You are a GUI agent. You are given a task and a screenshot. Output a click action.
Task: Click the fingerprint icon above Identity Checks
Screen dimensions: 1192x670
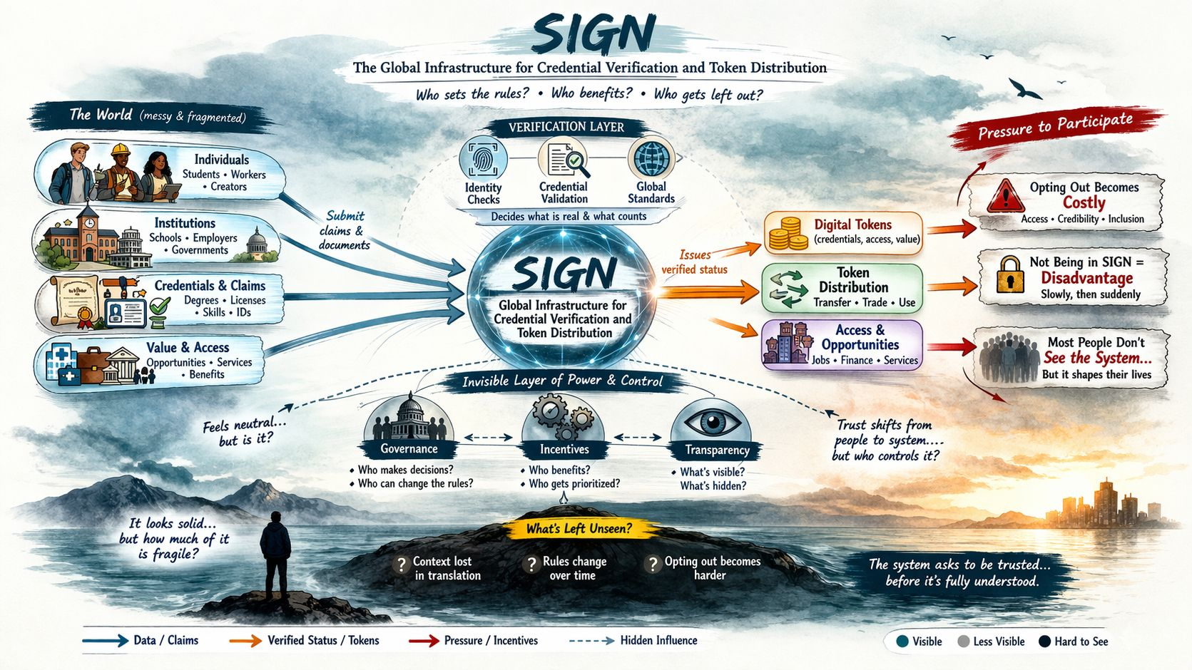(484, 159)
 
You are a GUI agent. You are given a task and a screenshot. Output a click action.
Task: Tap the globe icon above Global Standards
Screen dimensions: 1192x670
(652, 158)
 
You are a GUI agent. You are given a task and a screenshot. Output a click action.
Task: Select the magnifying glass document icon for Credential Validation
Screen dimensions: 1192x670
(566, 159)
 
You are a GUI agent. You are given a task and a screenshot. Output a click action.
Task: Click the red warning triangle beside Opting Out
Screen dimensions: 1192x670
(1004, 195)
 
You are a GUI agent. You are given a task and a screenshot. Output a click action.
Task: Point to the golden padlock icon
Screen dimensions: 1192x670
(1009, 275)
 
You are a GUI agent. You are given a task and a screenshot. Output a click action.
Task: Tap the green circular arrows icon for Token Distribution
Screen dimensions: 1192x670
(786, 289)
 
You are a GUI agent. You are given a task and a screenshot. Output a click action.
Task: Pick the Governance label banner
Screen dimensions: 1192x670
(409, 449)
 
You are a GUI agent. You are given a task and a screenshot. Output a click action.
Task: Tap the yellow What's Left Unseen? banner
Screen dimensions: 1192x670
(579, 528)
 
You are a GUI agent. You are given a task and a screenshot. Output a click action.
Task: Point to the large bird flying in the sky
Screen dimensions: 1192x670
(1025, 88)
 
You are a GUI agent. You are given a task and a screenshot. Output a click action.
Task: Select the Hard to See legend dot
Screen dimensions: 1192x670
(1044, 641)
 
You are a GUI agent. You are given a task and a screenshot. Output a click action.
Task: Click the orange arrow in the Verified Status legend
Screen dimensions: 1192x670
(245, 641)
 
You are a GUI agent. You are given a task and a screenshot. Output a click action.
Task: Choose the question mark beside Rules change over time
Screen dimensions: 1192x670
(531, 565)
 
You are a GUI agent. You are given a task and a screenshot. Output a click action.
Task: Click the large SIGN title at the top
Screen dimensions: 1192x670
(594, 34)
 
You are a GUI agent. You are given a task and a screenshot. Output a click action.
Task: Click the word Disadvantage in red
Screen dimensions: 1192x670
(1086, 278)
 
